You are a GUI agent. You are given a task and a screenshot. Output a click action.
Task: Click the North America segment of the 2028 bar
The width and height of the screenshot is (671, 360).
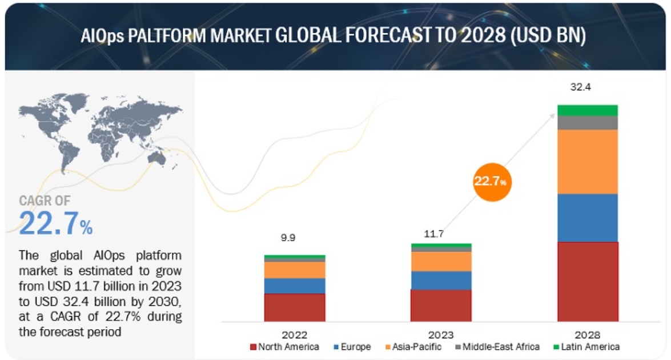(x=588, y=281)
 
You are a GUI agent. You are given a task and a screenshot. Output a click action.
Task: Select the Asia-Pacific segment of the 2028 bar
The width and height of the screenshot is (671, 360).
(x=588, y=162)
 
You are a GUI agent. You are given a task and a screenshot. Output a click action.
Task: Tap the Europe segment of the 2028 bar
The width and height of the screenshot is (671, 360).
(x=588, y=218)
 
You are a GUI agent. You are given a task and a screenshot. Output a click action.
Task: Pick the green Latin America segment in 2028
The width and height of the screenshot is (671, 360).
(x=588, y=110)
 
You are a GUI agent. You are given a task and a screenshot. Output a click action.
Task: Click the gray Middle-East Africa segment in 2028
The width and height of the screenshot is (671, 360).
(x=588, y=123)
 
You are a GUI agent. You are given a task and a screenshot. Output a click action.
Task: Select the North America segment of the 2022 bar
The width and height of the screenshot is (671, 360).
(x=295, y=307)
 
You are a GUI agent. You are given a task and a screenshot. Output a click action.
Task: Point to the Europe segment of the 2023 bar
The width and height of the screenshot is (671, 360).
(x=441, y=280)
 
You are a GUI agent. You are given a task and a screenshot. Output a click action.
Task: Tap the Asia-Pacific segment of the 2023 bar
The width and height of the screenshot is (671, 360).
(x=441, y=261)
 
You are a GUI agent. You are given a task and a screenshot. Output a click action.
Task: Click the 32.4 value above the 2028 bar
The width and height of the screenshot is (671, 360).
(x=588, y=87)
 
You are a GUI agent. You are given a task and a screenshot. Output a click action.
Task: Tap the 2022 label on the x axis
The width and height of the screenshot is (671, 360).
(x=294, y=334)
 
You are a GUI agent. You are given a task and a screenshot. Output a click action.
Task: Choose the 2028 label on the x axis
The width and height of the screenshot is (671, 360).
(x=588, y=334)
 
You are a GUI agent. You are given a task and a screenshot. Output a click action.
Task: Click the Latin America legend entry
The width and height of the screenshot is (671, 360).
(x=585, y=347)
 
